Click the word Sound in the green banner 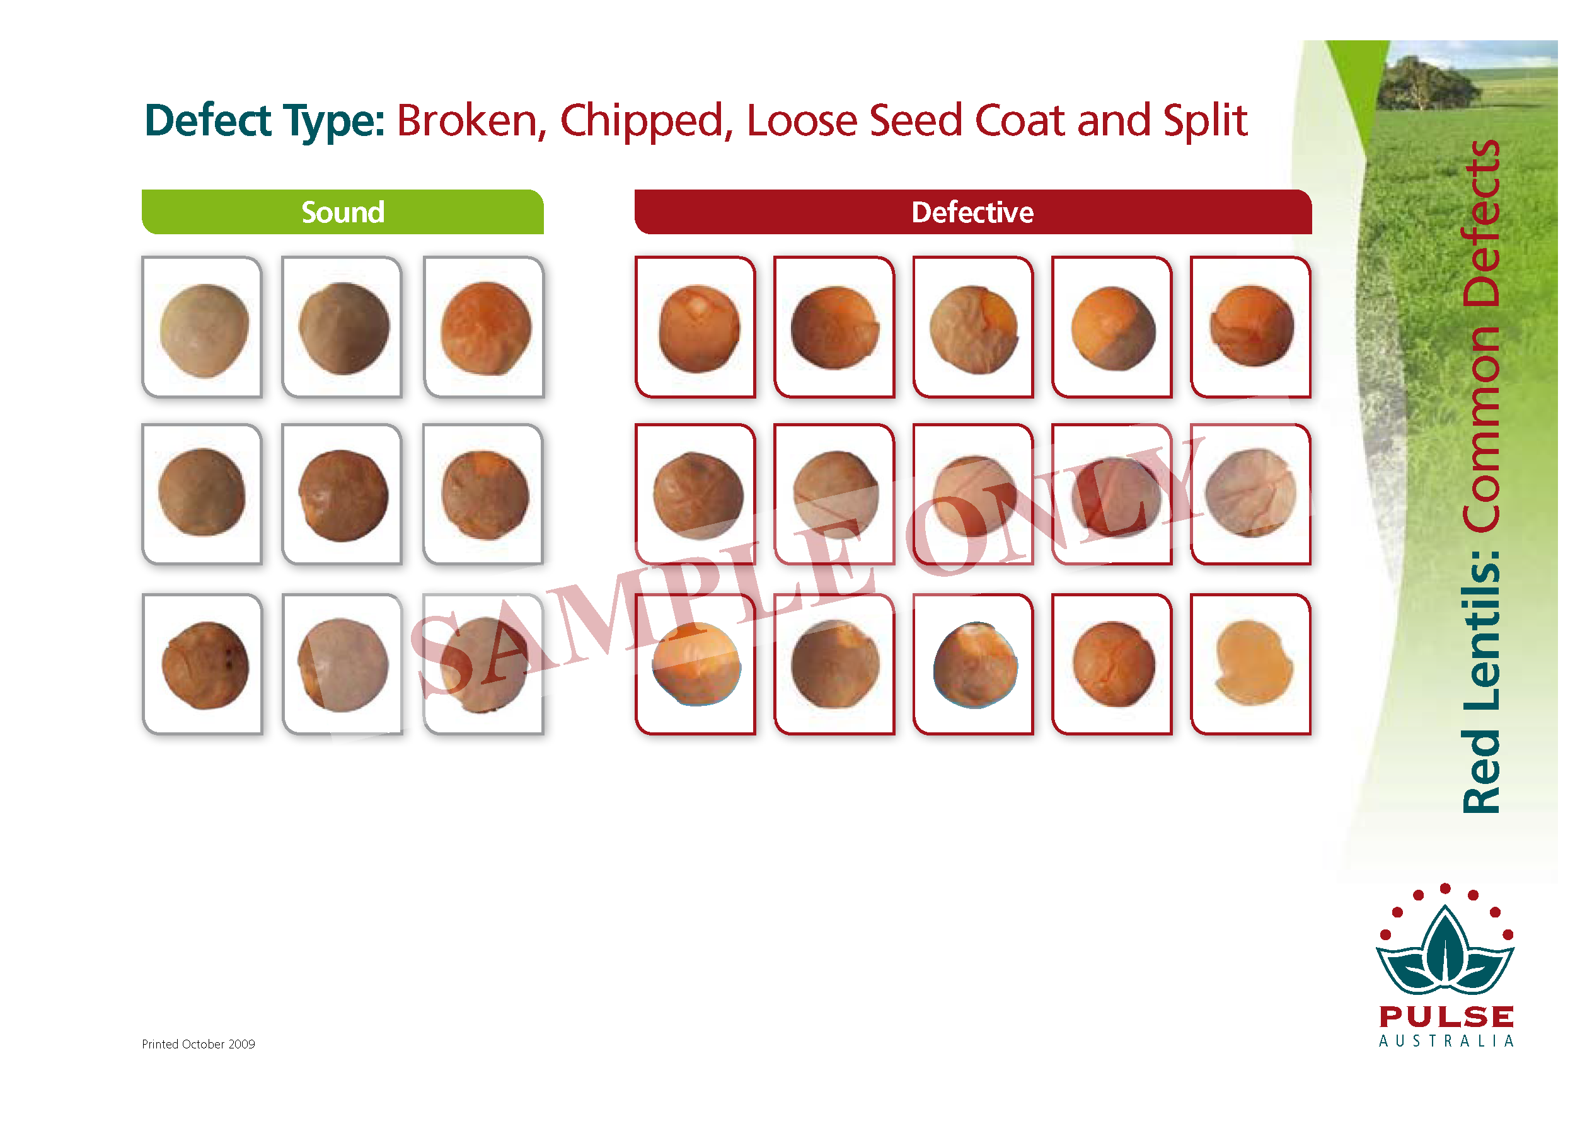[342, 212]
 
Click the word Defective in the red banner [972, 212]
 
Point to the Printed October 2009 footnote [199, 1043]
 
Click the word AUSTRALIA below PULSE [1446, 1041]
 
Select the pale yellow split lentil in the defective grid [1254, 662]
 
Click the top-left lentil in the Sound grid [204, 330]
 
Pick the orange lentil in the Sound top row [486, 328]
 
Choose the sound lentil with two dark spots [205, 665]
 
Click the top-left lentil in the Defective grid [699, 329]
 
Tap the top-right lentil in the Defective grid [1252, 326]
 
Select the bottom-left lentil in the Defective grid [696, 664]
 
